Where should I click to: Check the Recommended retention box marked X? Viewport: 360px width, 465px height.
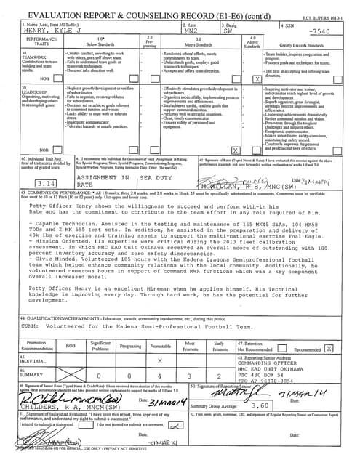point(329,349)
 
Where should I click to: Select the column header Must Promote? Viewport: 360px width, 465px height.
point(189,345)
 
